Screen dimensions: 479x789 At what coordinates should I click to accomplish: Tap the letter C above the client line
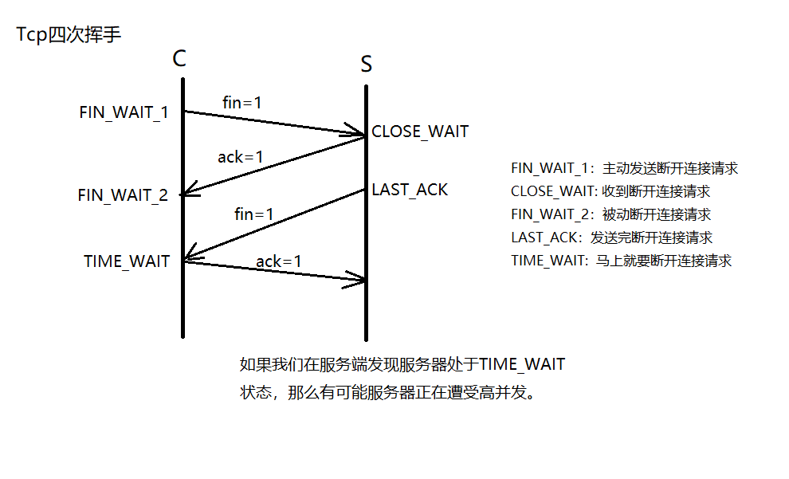pyautogui.click(x=179, y=58)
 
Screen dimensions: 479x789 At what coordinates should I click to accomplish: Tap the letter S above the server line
pyautogui.click(x=366, y=65)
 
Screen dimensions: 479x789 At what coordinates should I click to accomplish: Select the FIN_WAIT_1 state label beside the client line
pyautogui.click(x=124, y=112)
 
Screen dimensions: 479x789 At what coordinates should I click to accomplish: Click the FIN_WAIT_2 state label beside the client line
pyautogui.click(x=123, y=195)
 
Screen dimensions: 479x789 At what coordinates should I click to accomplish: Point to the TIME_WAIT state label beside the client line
pyautogui.click(x=127, y=261)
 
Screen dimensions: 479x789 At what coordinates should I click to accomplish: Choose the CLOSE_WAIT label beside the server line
pyautogui.click(x=420, y=132)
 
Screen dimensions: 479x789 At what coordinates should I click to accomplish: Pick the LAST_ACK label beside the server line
pyautogui.click(x=410, y=190)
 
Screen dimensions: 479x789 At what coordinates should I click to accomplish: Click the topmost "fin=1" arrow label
pyautogui.click(x=241, y=103)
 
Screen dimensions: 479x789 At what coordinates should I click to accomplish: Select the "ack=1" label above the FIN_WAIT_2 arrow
pyautogui.click(x=240, y=157)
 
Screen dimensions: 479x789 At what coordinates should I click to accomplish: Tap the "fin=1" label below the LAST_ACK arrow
pyautogui.click(x=254, y=214)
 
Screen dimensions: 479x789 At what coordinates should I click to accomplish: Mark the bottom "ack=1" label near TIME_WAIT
pyautogui.click(x=279, y=261)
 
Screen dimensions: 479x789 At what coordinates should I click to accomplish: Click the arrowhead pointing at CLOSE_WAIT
pyautogui.click(x=359, y=131)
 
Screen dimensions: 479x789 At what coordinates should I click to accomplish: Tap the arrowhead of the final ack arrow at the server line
pyautogui.click(x=359, y=279)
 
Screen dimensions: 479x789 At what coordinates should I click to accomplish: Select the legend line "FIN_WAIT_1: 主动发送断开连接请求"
pyautogui.click(x=624, y=169)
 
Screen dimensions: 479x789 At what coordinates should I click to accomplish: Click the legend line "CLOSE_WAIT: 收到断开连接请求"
pyautogui.click(x=610, y=192)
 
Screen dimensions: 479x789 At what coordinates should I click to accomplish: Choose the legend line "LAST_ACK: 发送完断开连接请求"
pyautogui.click(x=611, y=238)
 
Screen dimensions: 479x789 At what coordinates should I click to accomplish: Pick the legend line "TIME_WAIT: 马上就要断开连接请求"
pyautogui.click(x=621, y=261)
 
